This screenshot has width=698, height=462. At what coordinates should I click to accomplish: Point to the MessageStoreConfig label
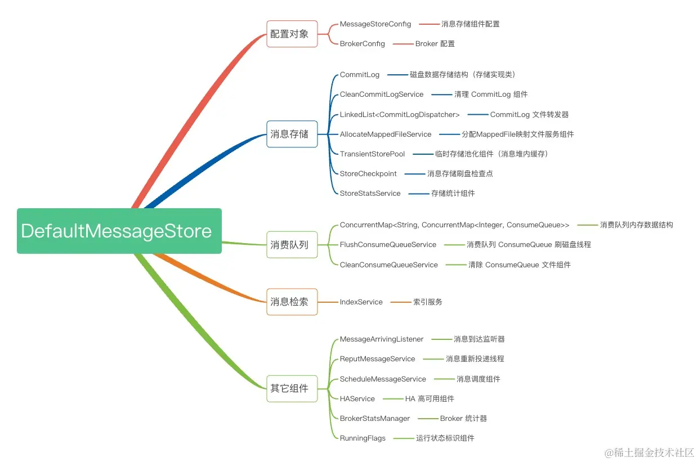[x=375, y=24]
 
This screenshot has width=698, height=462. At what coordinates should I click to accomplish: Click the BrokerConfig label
[x=363, y=44]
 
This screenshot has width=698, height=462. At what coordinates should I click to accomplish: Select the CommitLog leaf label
[x=360, y=75]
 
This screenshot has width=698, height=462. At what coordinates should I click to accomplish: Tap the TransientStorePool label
[x=372, y=154]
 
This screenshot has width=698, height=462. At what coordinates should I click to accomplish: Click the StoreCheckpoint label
[x=368, y=174]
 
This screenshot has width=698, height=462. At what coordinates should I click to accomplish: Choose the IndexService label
[x=361, y=302]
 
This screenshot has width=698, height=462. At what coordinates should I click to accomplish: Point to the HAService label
[x=357, y=399]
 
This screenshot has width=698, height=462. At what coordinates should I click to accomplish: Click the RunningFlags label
[x=363, y=438]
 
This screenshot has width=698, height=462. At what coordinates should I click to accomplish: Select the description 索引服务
[x=428, y=302]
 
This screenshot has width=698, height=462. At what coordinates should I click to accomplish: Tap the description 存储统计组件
[x=453, y=194]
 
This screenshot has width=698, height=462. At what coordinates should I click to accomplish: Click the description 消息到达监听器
[x=479, y=339]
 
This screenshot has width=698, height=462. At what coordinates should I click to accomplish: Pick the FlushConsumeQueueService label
[x=388, y=245]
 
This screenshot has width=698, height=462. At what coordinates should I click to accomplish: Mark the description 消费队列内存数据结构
[x=636, y=225]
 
